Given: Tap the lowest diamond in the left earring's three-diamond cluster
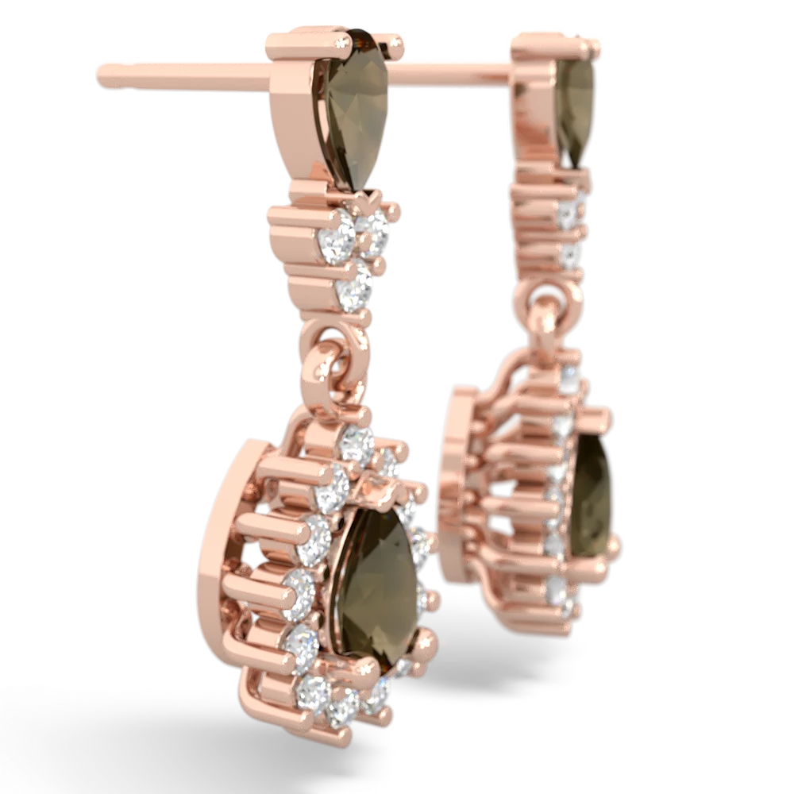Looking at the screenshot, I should click(x=353, y=290).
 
